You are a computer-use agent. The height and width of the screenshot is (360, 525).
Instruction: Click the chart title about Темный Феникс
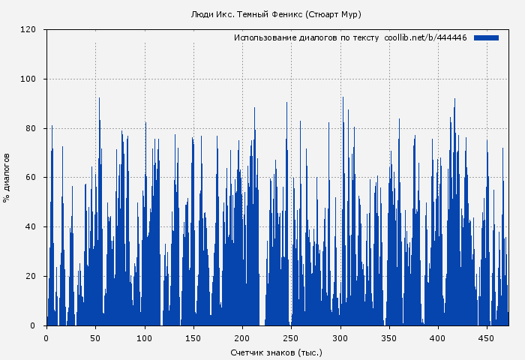(x=276, y=14)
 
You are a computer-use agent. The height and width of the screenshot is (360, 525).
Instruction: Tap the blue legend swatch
(x=486, y=37)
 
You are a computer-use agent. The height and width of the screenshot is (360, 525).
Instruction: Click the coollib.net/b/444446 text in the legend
(x=425, y=37)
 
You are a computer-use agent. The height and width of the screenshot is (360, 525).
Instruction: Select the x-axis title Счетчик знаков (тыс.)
(x=276, y=352)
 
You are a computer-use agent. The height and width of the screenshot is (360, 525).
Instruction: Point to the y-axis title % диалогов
(x=7, y=178)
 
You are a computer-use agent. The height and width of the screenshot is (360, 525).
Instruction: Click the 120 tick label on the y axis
(x=28, y=30)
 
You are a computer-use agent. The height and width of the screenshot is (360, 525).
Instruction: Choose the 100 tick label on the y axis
(x=28, y=79)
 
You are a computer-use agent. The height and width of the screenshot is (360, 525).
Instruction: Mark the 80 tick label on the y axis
(x=31, y=128)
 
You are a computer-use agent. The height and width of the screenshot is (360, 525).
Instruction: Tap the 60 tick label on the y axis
(x=31, y=178)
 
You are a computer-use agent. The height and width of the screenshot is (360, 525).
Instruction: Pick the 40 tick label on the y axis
(x=31, y=227)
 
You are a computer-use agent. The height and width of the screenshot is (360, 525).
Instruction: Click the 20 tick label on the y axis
(x=31, y=277)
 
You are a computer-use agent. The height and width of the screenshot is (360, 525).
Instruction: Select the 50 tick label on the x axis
(x=95, y=337)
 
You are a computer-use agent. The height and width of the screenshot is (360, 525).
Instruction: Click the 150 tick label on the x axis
(x=193, y=337)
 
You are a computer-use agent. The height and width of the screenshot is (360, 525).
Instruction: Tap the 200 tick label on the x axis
(x=242, y=337)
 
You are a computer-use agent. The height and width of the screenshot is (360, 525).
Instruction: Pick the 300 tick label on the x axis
(x=340, y=337)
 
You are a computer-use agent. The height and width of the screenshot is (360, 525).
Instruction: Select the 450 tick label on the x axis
(x=487, y=337)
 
